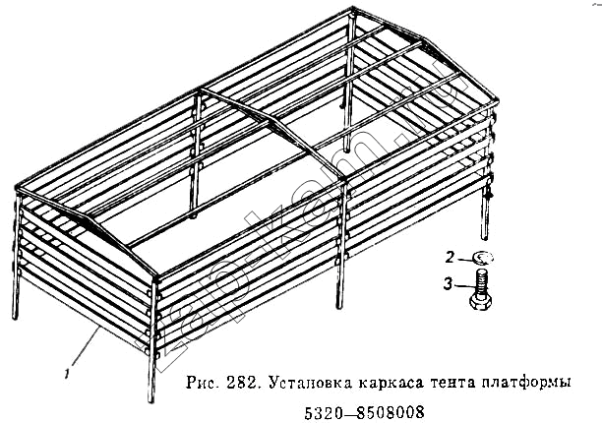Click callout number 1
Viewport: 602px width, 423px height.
[68, 373]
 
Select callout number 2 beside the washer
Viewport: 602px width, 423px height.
[450, 257]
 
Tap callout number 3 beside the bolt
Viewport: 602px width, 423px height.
[448, 284]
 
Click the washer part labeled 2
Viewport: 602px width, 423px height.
[483, 258]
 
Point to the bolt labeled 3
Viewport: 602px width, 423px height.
[480, 289]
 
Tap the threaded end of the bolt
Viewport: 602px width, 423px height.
[481, 280]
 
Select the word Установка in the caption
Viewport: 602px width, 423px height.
[310, 383]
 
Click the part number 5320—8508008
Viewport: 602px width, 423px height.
[364, 412]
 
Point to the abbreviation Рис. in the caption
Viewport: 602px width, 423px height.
[202, 383]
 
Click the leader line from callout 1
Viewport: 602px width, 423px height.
[87, 346]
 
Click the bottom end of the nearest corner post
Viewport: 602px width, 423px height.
[150, 401]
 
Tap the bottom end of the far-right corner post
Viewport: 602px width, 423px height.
[485, 238]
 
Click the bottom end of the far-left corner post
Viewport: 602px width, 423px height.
[15, 318]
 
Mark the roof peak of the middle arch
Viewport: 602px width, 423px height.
[273, 119]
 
